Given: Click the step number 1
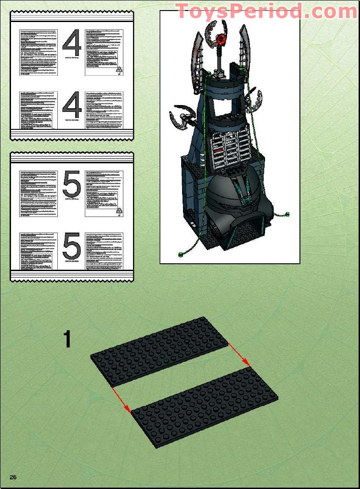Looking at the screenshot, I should pos(67,339).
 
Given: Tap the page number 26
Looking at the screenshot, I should pos(13,477).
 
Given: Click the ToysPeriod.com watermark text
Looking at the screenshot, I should pos(266,11).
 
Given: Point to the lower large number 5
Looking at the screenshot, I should pos(72,247).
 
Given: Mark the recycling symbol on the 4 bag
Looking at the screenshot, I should pos(120,69).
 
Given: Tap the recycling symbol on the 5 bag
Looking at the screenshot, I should pos(120,211).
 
